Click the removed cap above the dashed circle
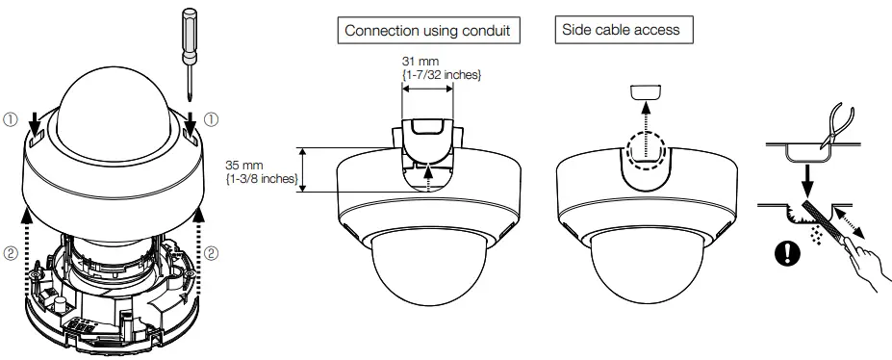coord(646,91)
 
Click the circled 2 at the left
coord(13,254)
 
